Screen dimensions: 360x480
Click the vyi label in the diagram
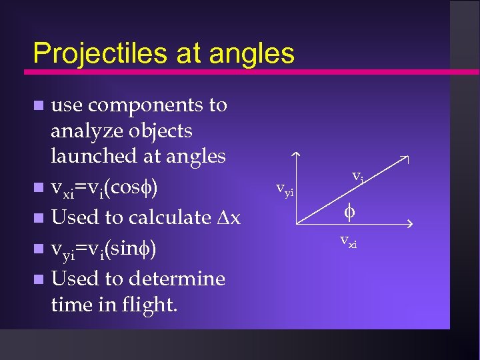[285, 191]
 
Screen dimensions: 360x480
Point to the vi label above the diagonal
[357, 176]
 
